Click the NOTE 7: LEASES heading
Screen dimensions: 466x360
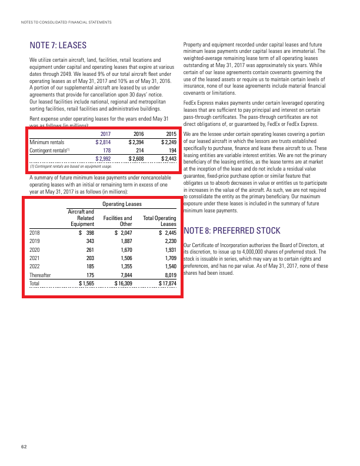pyautogui.click(x=58, y=46)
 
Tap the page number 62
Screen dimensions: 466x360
pyautogui.click(x=24, y=447)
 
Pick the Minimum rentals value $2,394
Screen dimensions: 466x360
pyautogui.click(x=136, y=142)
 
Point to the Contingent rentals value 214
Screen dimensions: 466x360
pyautogui.click(x=140, y=150)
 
